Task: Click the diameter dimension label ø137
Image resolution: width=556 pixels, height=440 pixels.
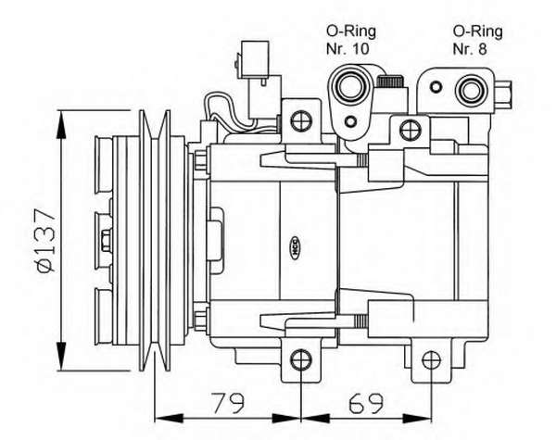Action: (47, 241)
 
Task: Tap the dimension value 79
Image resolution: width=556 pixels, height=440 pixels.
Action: (228, 403)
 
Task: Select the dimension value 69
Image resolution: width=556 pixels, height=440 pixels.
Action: (366, 403)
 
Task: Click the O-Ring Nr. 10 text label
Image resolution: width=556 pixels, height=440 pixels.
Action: (350, 40)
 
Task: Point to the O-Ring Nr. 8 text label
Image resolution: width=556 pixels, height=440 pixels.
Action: (477, 40)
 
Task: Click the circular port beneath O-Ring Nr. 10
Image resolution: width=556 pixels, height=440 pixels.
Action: (350, 85)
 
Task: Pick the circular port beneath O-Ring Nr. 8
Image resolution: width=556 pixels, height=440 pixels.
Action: (472, 91)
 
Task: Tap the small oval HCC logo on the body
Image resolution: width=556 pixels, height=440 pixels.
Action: (296, 247)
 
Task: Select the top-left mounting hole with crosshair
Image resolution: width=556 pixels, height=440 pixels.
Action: (301, 121)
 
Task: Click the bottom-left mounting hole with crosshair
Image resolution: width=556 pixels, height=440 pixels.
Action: (301, 359)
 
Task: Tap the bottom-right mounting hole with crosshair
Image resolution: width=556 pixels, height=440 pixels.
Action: (432, 359)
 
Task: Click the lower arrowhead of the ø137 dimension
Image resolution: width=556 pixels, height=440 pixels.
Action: (62, 357)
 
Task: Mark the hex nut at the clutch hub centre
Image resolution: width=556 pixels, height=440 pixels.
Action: (106, 241)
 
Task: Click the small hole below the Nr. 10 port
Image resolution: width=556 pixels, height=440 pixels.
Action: (350, 121)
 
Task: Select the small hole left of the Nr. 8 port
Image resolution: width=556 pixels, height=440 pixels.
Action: (436, 86)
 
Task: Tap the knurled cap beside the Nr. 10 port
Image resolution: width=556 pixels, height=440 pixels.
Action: (390, 82)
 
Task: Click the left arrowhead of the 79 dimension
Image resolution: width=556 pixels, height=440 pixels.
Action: (170, 419)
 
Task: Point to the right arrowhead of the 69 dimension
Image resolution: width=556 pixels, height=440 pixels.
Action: (418, 419)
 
